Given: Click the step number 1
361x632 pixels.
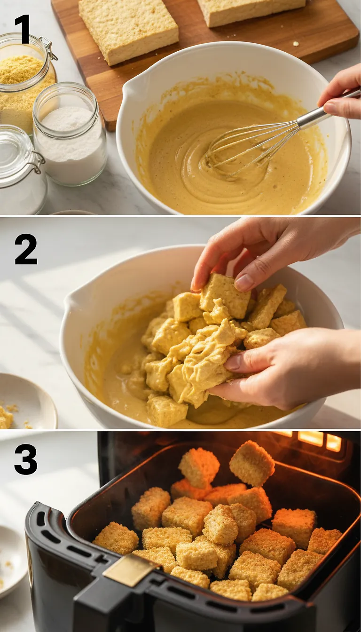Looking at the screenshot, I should (x=22, y=29).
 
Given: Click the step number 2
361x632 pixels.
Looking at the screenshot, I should (x=25, y=249).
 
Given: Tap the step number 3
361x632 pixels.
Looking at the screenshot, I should (x=25, y=459).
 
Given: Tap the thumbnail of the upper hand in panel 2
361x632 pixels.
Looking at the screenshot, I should (x=244, y=282).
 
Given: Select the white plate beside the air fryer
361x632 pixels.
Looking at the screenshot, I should (x=12, y=560).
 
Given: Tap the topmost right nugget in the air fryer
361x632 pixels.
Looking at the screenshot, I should (x=252, y=463).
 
